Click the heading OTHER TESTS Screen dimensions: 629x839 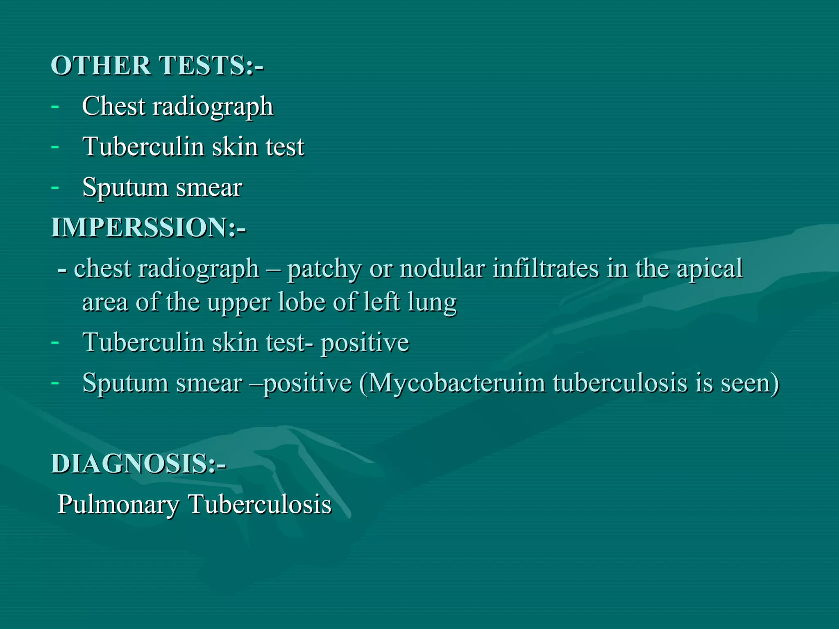(x=157, y=66)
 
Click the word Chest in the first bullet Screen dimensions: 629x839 (x=113, y=106)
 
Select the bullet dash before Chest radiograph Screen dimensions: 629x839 (x=55, y=106)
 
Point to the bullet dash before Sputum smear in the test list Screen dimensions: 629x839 (x=55, y=187)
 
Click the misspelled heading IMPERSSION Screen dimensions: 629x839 (x=148, y=227)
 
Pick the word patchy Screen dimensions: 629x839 (x=324, y=269)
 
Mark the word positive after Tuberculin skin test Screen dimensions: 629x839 (x=365, y=343)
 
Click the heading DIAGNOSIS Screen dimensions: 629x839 (x=138, y=464)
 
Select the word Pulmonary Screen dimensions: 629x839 (x=118, y=505)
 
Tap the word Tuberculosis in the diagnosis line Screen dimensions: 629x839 (x=260, y=504)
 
